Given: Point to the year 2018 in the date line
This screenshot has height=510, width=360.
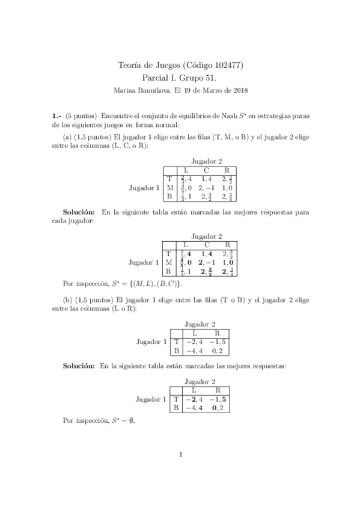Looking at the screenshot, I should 239,90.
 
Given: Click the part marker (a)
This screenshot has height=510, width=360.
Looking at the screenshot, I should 68,137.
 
